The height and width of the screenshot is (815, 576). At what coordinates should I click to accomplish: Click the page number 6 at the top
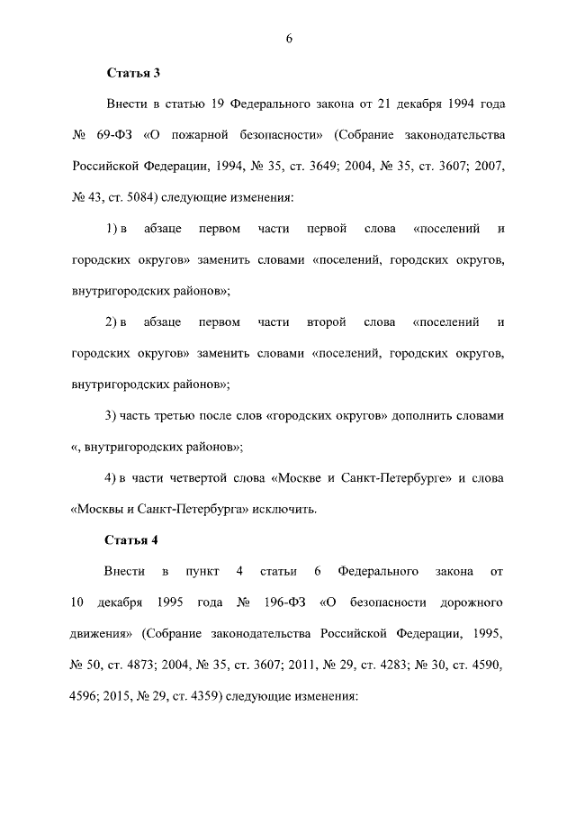click(x=289, y=38)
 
